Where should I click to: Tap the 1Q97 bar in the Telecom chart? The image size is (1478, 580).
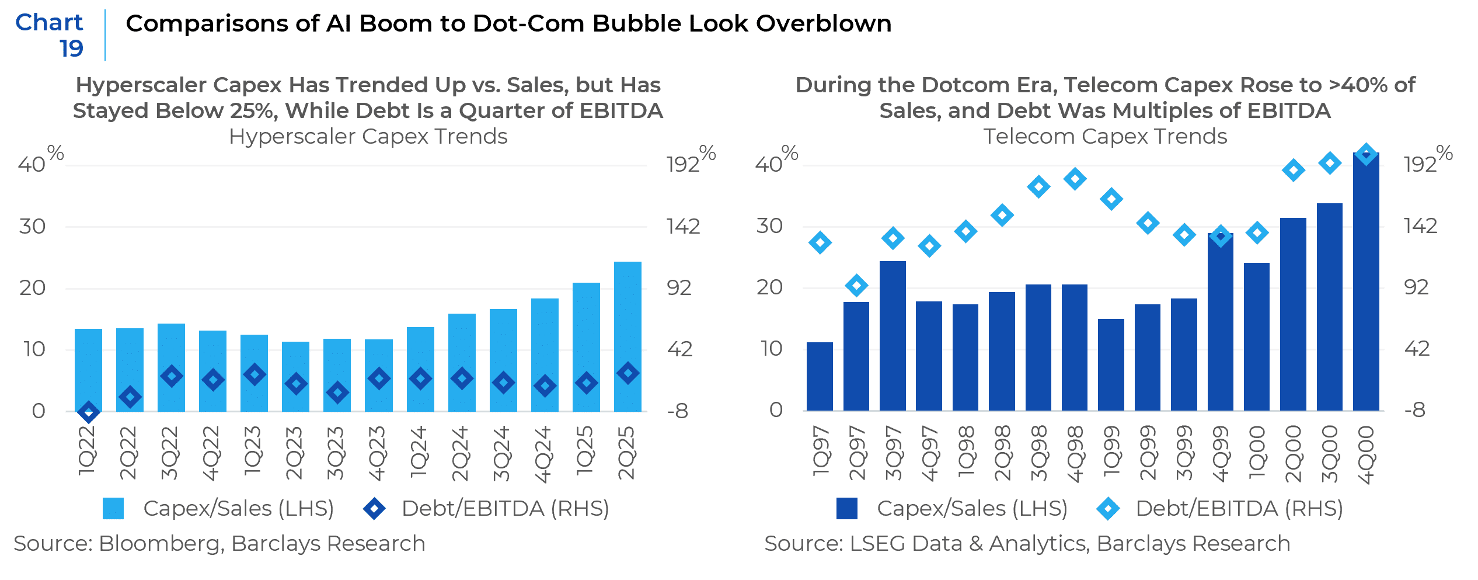coord(820,377)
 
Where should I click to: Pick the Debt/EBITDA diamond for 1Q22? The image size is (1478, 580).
coord(88,412)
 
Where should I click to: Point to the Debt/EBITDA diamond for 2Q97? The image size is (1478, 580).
coord(856,286)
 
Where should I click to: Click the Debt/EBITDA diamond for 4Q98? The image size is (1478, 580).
coord(1075,179)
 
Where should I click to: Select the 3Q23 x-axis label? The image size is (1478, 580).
coord(336,453)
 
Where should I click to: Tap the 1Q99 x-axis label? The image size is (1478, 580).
coord(1111,453)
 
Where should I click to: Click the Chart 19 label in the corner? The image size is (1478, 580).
coord(53,35)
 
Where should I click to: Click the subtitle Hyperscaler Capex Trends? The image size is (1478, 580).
coord(368,137)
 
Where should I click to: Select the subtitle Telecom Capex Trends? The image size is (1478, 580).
coord(1105,137)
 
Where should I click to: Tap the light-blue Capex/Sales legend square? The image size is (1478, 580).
coord(113,509)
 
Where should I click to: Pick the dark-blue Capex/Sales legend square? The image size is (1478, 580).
coord(846,509)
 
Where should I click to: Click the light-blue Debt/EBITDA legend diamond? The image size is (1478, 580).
coord(1108,509)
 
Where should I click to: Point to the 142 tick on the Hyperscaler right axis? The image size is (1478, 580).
coord(683,227)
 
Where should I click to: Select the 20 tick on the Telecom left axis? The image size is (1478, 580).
coord(769,287)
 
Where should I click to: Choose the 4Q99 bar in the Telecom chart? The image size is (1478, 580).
coord(1220,321)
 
